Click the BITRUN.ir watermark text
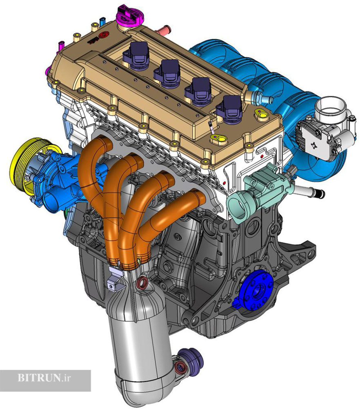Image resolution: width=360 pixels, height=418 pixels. tap(44, 378)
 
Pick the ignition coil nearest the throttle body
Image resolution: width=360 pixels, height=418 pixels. tap(230, 109)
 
